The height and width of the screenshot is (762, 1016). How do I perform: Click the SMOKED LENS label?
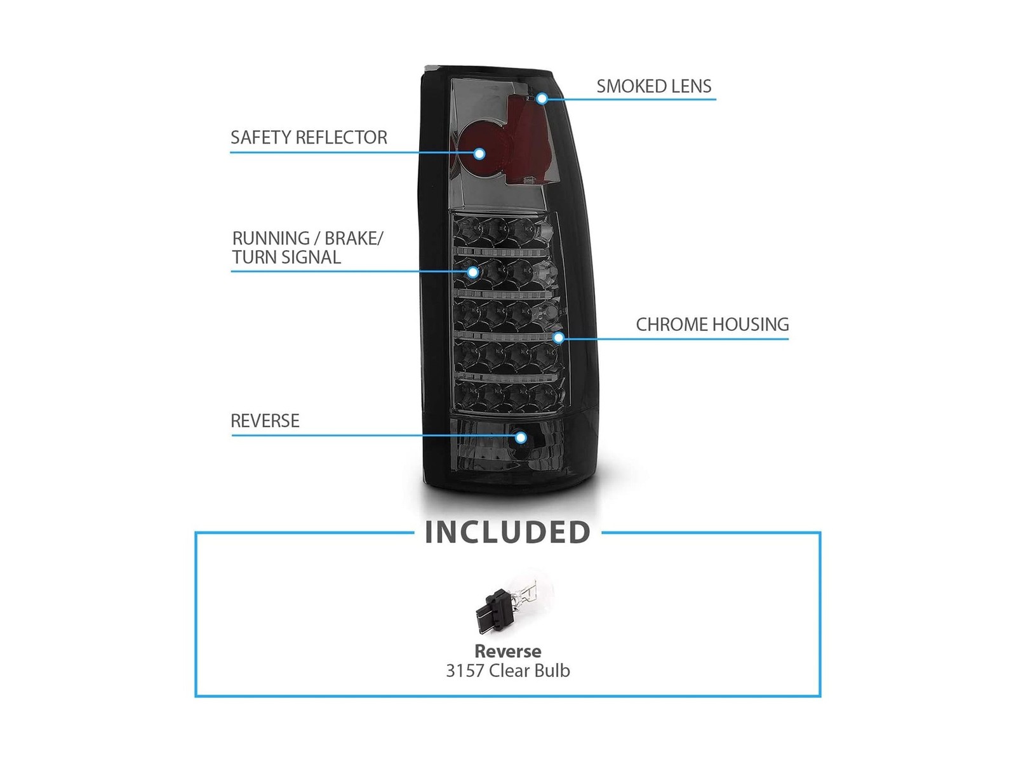tap(653, 86)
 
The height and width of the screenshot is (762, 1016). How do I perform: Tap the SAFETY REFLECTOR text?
tap(309, 137)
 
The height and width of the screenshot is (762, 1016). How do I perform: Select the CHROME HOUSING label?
tap(712, 324)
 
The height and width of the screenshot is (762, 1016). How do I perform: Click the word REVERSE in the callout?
tap(265, 421)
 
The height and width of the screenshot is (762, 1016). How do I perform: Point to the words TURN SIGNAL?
tap(286, 257)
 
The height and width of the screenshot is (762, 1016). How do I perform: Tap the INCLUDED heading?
tap(507, 532)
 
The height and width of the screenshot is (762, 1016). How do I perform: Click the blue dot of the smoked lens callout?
tap(542, 98)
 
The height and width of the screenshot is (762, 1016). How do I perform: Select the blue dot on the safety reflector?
tap(479, 154)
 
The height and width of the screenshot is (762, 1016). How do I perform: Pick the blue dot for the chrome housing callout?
tap(559, 338)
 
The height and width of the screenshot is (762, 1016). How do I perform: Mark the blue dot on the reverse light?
tap(521, 438)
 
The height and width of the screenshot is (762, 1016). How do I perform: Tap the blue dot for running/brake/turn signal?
tap(472, 272)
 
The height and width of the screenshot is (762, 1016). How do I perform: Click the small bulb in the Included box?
tap(509, 605)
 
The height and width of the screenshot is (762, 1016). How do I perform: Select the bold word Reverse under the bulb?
tap(508, 652)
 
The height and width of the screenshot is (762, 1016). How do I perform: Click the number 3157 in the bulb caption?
tap(465, 671)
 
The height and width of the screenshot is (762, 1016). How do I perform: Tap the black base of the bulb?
tap(494, 612)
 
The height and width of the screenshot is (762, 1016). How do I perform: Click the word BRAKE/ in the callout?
tap(354, 239)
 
